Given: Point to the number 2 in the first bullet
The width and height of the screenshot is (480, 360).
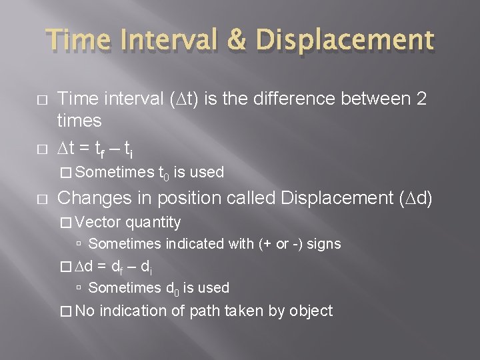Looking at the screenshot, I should coord(420,99).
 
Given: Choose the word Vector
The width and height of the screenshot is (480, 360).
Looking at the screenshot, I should coord(99,222).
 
